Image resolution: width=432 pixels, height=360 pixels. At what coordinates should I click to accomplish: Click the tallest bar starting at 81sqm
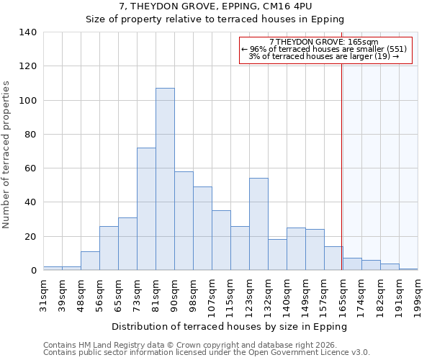pyautogui.click(x=165, y=179)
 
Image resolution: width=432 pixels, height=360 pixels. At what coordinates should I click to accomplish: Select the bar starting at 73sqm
pyautogui.click(x=146, y=209)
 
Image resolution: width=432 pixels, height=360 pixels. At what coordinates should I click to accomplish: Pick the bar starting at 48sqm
pyautogui.click(x=90, y=261)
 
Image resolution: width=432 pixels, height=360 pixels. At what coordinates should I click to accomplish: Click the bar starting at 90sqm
pyautogui.click(x=184, y=221)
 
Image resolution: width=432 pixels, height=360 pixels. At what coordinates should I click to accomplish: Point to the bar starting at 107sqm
pyautogui.click(x=221, y=240)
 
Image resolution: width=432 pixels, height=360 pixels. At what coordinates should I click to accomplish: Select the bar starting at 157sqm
pyautogui.click(x=333, y=258)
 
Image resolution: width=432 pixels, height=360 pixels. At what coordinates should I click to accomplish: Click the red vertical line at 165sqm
pyautogui.click(x=342, y=158)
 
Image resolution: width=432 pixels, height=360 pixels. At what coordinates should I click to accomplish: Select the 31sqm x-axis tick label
pyautogui.click(x=44, y=292)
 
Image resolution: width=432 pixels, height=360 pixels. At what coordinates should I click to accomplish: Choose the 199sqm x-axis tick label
pyautogui.click(x=418, y=294)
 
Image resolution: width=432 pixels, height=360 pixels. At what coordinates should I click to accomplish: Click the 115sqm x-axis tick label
pyautogui.click(x=231, y=294)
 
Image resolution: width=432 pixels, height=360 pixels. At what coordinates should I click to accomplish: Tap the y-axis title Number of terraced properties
pyautogui.click(x=6, y=155)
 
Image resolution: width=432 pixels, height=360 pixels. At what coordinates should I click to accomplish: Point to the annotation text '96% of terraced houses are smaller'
pyautogui.click(x=326, y=49)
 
